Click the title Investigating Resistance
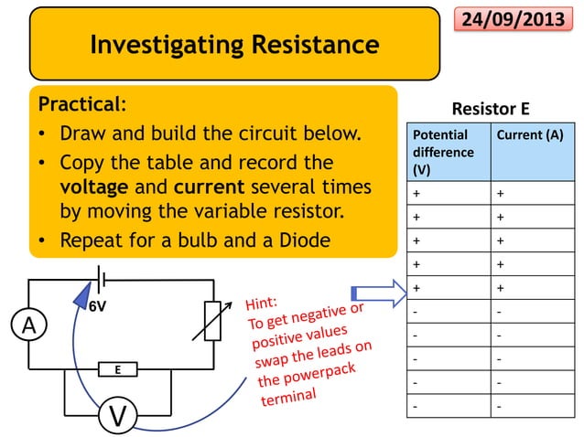click(234, 43)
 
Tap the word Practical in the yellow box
click(78, 101)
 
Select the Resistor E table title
click(492, 109)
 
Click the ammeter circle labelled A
click(28, 325)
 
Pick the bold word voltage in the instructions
click(94, 187)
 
